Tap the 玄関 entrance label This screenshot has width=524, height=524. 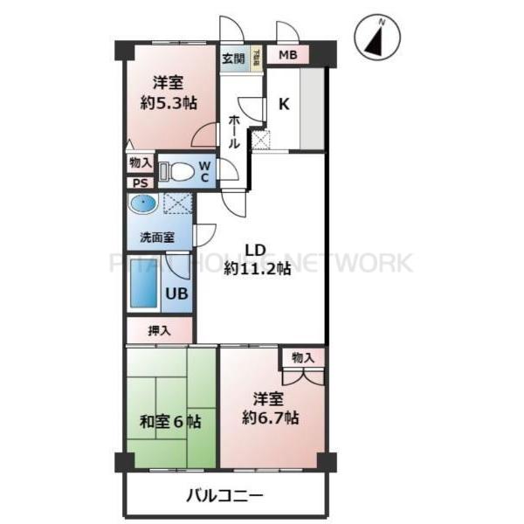(x=231, y=59)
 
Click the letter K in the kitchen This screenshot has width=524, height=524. (x=284, y=104)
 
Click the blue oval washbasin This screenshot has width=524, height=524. (x=142, y=204)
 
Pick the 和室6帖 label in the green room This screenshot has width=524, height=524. (x=171, y=421)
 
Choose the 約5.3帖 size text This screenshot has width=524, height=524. (x=169, y=102)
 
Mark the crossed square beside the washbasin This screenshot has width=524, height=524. (x=178, y=204)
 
